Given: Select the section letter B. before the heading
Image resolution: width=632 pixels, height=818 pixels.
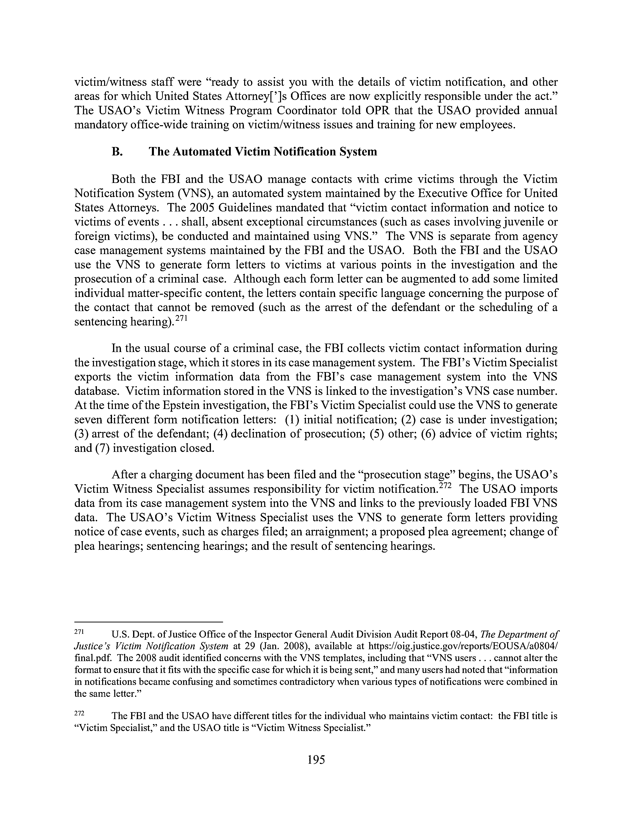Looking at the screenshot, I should pos(117,152).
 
